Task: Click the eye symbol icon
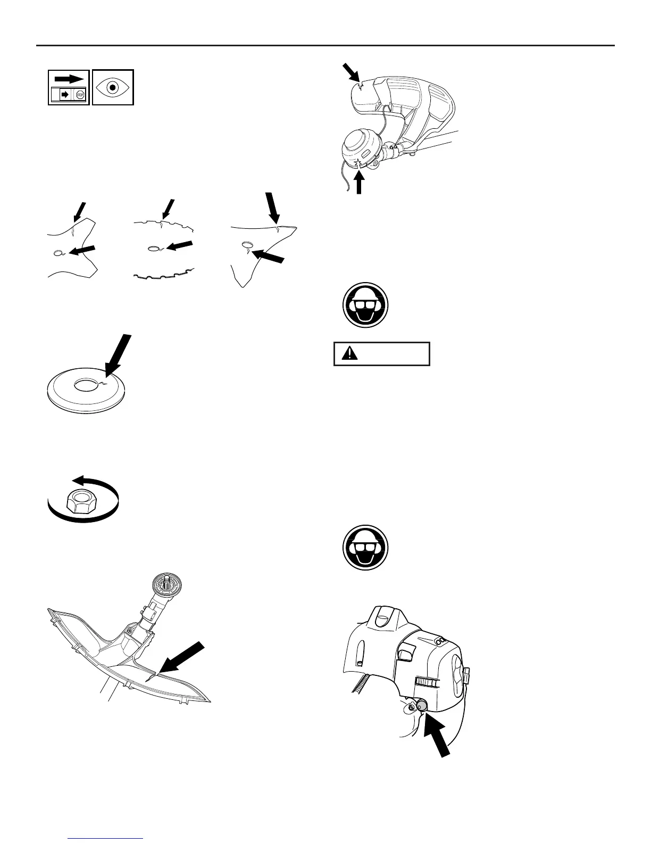click(113, 87)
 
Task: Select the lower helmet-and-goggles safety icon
click(365, 548)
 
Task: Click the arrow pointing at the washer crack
click(118, 356)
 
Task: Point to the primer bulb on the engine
click(422, 706)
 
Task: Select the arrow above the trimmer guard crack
click(350, 71)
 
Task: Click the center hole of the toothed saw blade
click(153, 249)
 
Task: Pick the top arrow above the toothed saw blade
click(168, 208)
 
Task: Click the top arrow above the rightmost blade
click(274, 209)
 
